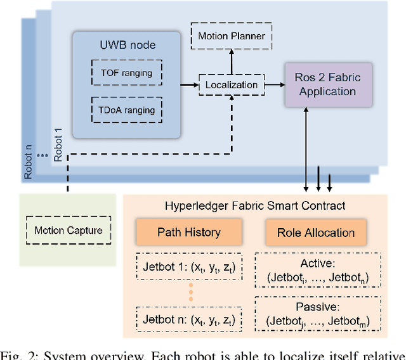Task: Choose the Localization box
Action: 228,84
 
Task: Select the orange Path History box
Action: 188,232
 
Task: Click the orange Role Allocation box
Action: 315,232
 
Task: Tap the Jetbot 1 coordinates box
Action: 188,269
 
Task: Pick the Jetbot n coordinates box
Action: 188,319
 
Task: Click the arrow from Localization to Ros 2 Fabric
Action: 272,84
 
